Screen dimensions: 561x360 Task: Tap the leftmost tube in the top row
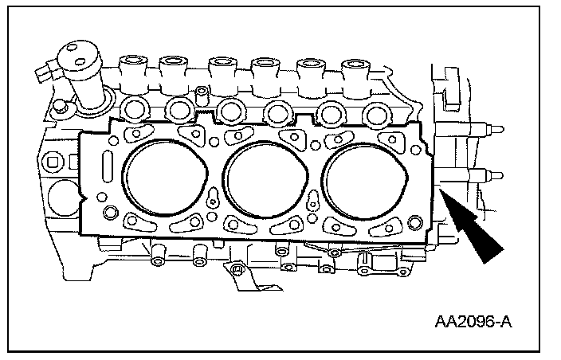pyautogui.click(x=128, y=63)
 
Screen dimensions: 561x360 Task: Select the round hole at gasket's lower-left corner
pyautogui.click(x=111, y=212)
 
